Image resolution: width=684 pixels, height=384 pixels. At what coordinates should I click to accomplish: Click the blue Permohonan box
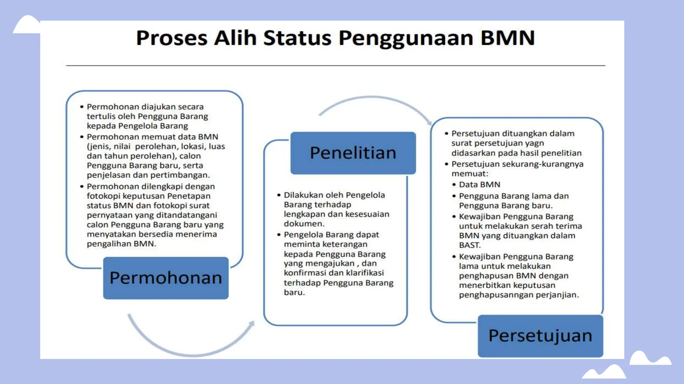point(166,278)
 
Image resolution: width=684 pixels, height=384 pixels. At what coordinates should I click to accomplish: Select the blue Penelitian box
point(353,153)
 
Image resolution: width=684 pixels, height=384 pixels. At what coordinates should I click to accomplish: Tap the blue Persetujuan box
point(540,336)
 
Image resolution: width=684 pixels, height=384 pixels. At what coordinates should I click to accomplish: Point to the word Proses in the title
point(172,38)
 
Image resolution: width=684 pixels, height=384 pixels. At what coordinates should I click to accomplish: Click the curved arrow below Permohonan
point(190,347)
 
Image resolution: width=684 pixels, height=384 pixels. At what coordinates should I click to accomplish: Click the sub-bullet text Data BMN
point(480,185)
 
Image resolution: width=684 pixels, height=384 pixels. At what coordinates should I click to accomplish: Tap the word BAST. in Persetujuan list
point(470,245)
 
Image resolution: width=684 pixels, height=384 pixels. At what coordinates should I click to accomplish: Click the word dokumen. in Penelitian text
point(304,224)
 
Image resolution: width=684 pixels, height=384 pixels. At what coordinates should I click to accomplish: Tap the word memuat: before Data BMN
point(470,174)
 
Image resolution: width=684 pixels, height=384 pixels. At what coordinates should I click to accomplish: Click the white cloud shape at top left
point(27,25)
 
